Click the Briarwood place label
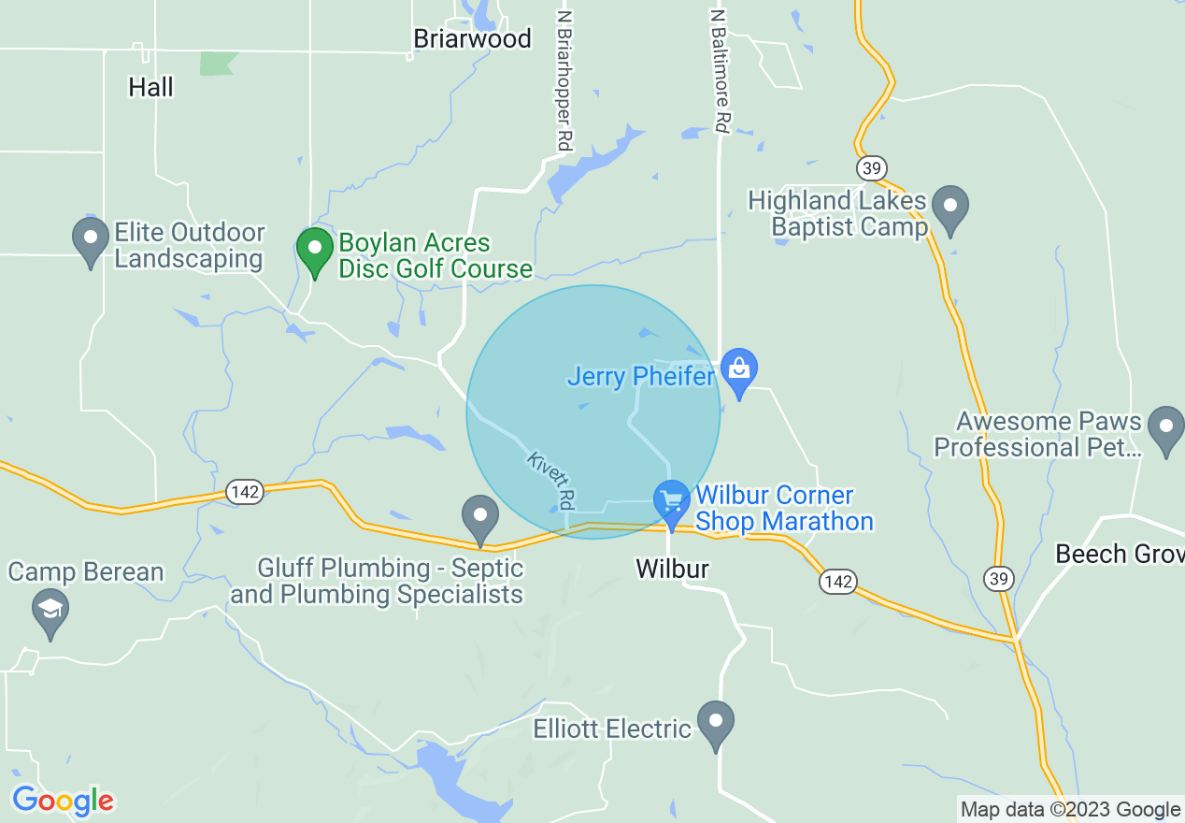click(x=472, y=38)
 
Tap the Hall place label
click(x=151, y=87)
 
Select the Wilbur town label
click(x=672, y=569)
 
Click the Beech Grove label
click(x=1120, y=554)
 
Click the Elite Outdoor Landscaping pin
click(x=91, y=239)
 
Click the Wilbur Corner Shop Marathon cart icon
click(x=671, y=502)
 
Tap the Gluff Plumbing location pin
click(x=480, y=517)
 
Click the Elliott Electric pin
click(x=716, y=723)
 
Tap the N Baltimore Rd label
click(x=719, y=71)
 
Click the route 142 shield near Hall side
click(x=244, y=492)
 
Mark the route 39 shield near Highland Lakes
click(x=870, y=167)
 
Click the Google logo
click(x=63, y=801)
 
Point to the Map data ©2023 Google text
click(x=1070, y=809)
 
